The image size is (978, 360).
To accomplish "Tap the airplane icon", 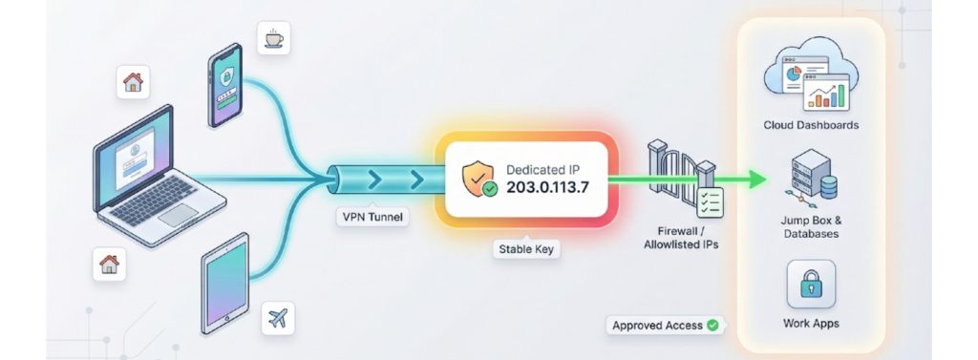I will tap(280, 317).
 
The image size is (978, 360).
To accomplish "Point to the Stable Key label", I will tap(524, 249).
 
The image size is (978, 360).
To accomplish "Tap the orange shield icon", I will tap(478, 178).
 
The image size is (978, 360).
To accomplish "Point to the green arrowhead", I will tap(758, 180).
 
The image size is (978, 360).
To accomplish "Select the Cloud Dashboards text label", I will tap(811, 126).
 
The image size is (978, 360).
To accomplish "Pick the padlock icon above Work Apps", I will tap(811, 284).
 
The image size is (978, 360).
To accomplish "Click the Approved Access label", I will tap(657, 326).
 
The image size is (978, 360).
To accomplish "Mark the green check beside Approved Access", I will tap(712, 326).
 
